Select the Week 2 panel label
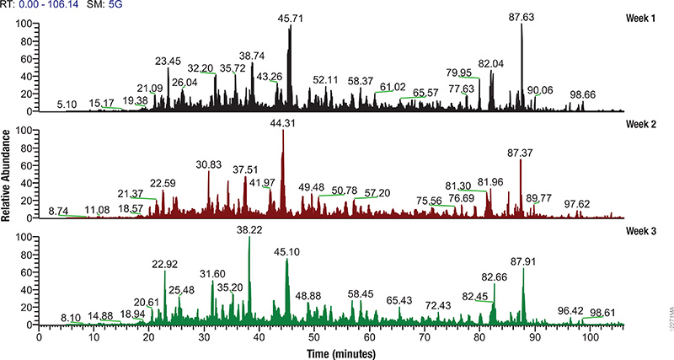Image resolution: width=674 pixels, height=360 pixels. click(x=646, y=126)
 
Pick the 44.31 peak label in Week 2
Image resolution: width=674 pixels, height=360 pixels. click(x=284, y=123)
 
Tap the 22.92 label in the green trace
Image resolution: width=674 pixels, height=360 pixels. click(x=165, y=264)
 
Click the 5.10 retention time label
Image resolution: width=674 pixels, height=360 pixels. click(x=67, y=105)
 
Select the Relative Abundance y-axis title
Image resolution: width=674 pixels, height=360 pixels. click(x=7, y=175)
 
